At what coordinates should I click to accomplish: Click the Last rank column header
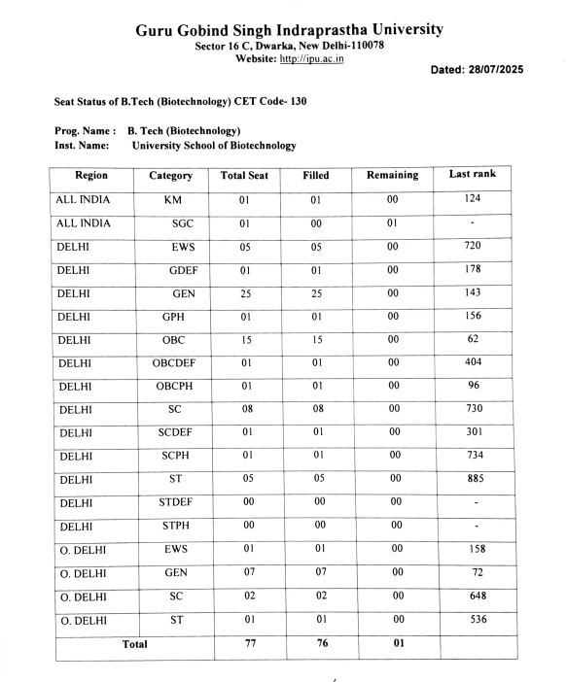[x=472, y=174]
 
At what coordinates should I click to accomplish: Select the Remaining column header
[x=392, y=176]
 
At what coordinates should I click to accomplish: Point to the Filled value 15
[x=315, y=340]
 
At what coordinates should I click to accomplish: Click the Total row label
[x=133, y=643]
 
